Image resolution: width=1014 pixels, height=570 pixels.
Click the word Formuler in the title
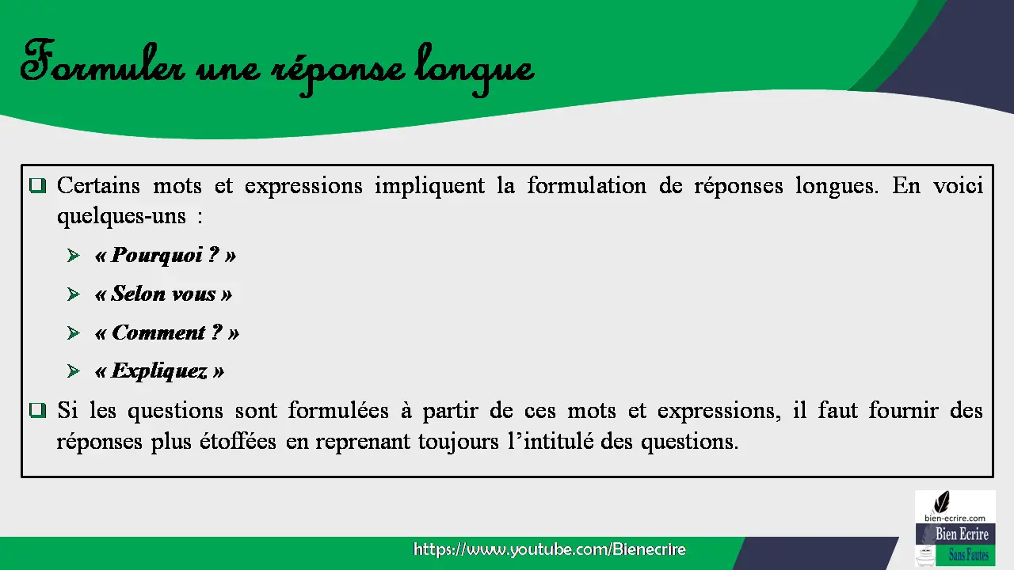103,63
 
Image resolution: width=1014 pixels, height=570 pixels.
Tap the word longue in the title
475,69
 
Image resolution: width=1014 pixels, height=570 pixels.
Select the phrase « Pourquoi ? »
166,256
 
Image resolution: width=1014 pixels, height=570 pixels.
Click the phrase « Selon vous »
163,294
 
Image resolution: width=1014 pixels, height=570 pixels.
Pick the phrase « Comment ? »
166,333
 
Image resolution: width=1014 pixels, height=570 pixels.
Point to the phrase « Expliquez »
159,371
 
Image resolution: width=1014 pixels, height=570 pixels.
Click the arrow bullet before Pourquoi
74,256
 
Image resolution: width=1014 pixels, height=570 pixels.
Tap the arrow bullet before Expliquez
74,371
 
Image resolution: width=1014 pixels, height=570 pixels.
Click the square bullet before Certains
37,185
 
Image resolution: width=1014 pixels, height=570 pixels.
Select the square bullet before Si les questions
37,410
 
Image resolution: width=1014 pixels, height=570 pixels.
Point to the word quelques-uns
121,217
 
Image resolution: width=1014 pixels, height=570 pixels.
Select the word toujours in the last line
458,442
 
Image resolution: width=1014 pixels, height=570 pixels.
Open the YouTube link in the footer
550,549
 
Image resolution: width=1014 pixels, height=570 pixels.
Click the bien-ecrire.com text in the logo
955,519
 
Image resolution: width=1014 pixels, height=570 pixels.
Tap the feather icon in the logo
942,502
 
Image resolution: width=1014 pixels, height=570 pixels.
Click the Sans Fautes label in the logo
969,555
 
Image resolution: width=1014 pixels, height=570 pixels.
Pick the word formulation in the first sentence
587,186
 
